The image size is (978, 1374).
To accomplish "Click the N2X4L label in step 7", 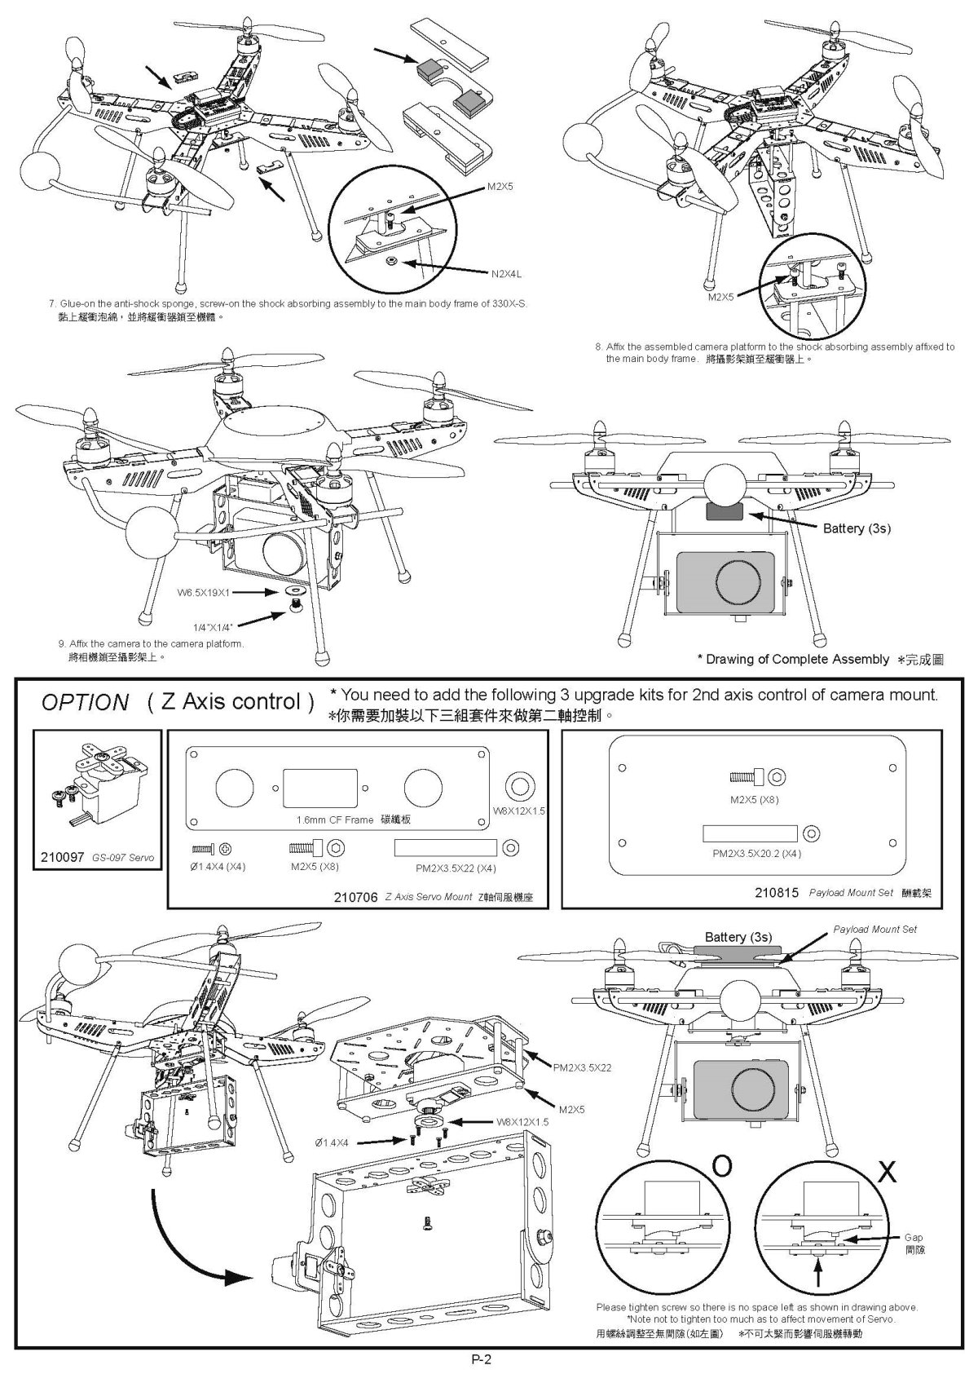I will click(x=506, y=273).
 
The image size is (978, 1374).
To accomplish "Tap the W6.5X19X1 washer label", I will click(x=204, y=592).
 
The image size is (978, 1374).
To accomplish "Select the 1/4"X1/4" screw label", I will click(x=214, y=627).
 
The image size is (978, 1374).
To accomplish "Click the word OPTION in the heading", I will click(x=85, y=703).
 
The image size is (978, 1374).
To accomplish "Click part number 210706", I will click(x=355, y=897).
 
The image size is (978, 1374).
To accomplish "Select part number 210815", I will click(x=778, y=892).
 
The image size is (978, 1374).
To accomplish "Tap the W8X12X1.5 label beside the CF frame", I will click(x=519, y=811).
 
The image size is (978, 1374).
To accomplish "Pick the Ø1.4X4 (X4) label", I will click(x=217, y=867).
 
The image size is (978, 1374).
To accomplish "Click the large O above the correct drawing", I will click(x=722, y=1167).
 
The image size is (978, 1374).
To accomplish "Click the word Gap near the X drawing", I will click(x=914, y=1237).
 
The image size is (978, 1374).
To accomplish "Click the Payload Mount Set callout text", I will click(x=874, y=929).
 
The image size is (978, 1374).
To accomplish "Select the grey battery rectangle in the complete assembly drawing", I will click(x=724, y=513).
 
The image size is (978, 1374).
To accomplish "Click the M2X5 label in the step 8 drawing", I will click(x=721, y=297).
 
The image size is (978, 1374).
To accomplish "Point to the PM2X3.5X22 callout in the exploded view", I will click(x=582, y=1067).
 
